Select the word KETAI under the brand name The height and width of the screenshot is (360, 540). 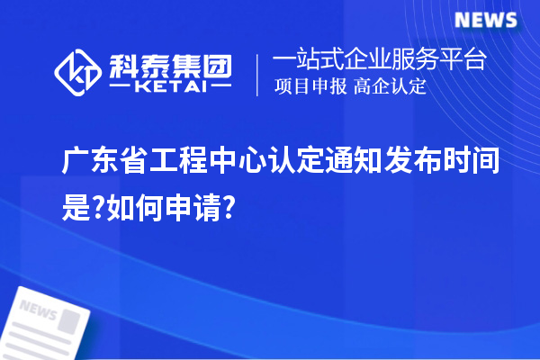171,88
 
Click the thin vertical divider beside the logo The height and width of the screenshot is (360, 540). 258,75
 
